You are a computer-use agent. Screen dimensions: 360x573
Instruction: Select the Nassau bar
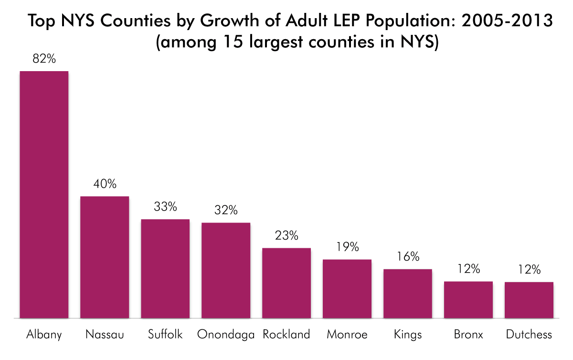click(x=105, y=257)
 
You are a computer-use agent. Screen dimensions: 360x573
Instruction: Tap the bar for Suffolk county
click(x=165, y=268)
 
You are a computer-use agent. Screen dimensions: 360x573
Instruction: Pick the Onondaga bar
click(x=226, y=270)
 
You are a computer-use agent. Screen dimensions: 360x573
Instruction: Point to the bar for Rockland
click(x=286, y=283)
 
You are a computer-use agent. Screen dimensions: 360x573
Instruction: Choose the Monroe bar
click(x=347, y=288)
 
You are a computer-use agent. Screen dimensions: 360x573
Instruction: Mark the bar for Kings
click(x=408, y=293)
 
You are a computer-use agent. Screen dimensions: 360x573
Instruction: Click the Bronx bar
click(x=468, y=299)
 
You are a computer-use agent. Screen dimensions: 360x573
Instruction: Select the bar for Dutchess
click(x=529, y=300)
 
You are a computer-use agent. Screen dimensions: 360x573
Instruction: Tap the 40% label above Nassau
click(x=105, y=184)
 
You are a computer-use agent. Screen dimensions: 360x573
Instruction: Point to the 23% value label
click(x=286, y=236)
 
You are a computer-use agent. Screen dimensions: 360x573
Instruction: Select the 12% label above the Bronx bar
click(x=468, y=269)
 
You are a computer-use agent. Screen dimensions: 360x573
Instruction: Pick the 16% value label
click(x=408, y=257)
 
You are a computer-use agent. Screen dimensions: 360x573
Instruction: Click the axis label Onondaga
click(x=226, y=334)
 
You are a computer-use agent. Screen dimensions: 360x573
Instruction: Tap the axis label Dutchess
click(x=529, y=334)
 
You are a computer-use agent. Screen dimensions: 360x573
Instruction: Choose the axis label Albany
click(x=44, y=334)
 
